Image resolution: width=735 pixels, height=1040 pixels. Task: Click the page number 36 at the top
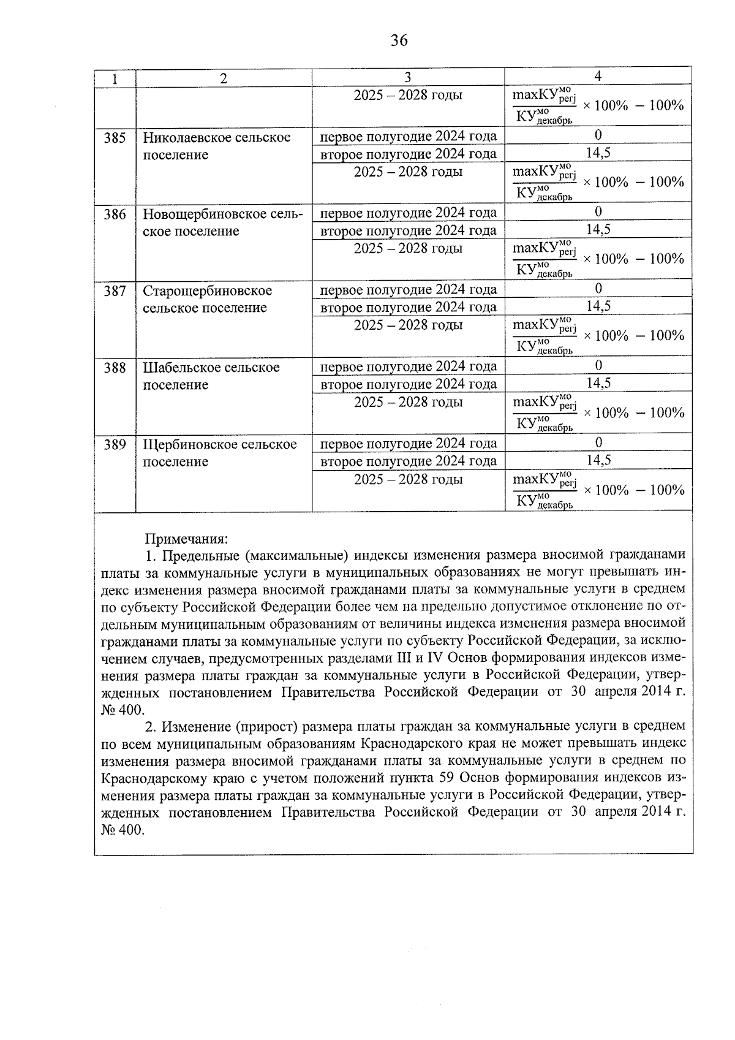coord(399,40)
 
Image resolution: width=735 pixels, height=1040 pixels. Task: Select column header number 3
coord(408,77)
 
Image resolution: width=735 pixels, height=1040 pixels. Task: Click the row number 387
coord(115,291)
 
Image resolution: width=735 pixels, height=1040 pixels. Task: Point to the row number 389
coord(115,445)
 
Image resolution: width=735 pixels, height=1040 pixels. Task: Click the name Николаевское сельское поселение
coord(216,146)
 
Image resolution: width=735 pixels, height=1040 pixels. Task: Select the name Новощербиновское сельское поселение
coord(222,222)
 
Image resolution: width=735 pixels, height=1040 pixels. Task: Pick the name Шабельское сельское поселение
coord(211,376)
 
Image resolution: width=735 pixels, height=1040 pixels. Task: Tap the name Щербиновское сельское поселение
coord(219,453)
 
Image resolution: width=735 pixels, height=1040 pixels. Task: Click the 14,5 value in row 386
coord(598,230)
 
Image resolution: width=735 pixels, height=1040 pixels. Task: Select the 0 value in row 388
coord(598,365)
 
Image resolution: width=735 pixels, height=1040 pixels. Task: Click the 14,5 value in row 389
coord(598,460)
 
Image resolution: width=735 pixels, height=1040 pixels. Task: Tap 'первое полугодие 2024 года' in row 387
coord(408,289)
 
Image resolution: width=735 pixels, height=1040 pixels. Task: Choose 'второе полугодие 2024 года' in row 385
coord(408,154)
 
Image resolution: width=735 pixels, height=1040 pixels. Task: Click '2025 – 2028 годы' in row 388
coord(408,402)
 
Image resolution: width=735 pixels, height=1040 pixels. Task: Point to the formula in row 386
coord(598,259)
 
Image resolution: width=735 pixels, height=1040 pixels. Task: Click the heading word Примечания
coord(186,539)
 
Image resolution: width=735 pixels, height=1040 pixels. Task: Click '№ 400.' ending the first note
coord(123,710)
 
